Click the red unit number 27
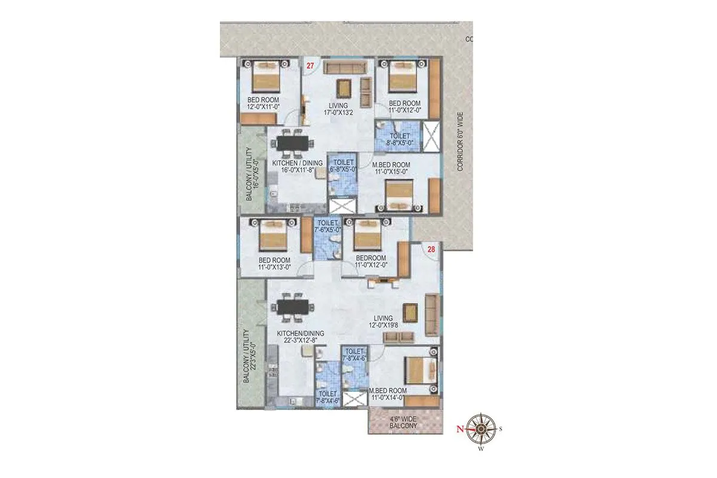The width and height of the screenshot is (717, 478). click(310, 66)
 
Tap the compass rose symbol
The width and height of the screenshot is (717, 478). click(479, 428)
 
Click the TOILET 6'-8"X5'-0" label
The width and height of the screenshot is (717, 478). click(344, 166)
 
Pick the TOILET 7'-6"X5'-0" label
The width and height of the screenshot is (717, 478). click(329, 226)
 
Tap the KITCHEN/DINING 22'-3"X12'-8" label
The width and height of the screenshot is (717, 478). click(300, 336)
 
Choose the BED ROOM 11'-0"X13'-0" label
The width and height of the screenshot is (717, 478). click(274, 263)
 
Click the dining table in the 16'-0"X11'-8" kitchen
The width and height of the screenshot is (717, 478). click(293, 143)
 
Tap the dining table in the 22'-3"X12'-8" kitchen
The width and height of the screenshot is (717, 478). click(295, 307)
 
